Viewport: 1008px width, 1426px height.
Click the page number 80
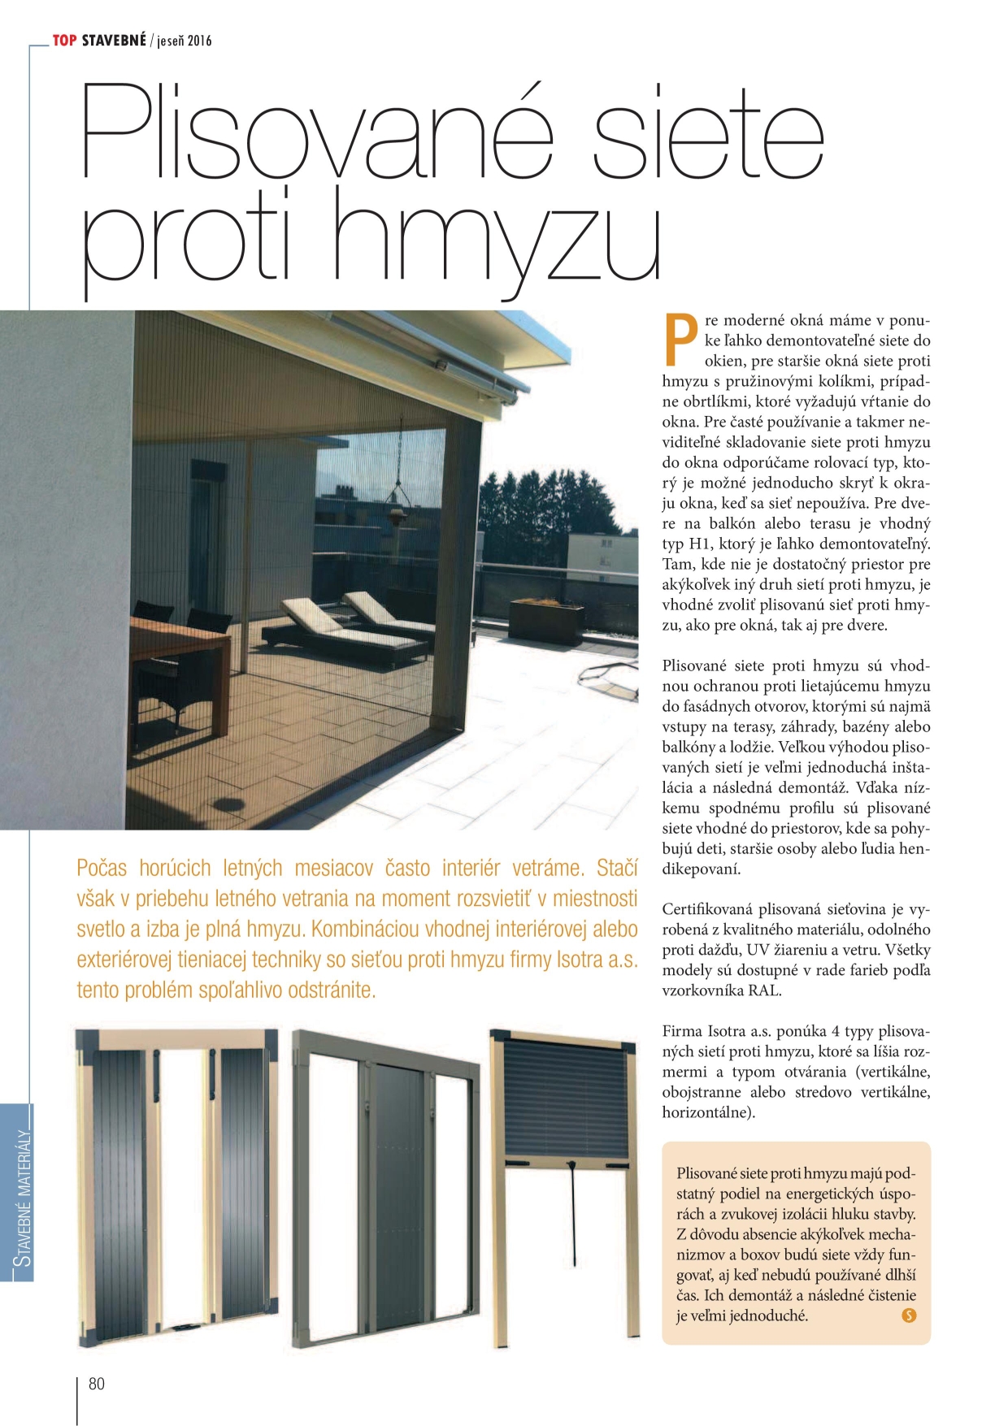pos(97,1383)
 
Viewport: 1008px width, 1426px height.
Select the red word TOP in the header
pos(64,40)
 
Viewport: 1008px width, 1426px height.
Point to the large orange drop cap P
pos(680,339)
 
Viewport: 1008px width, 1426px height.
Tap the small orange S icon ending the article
pos(909,1315)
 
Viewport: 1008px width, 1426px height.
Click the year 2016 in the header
pos(199,41)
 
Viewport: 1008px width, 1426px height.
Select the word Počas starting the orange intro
pos(102,868)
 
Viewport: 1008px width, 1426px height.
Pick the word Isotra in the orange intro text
pos(580,960)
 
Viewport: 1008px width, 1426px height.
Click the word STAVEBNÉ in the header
pos(114,40)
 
